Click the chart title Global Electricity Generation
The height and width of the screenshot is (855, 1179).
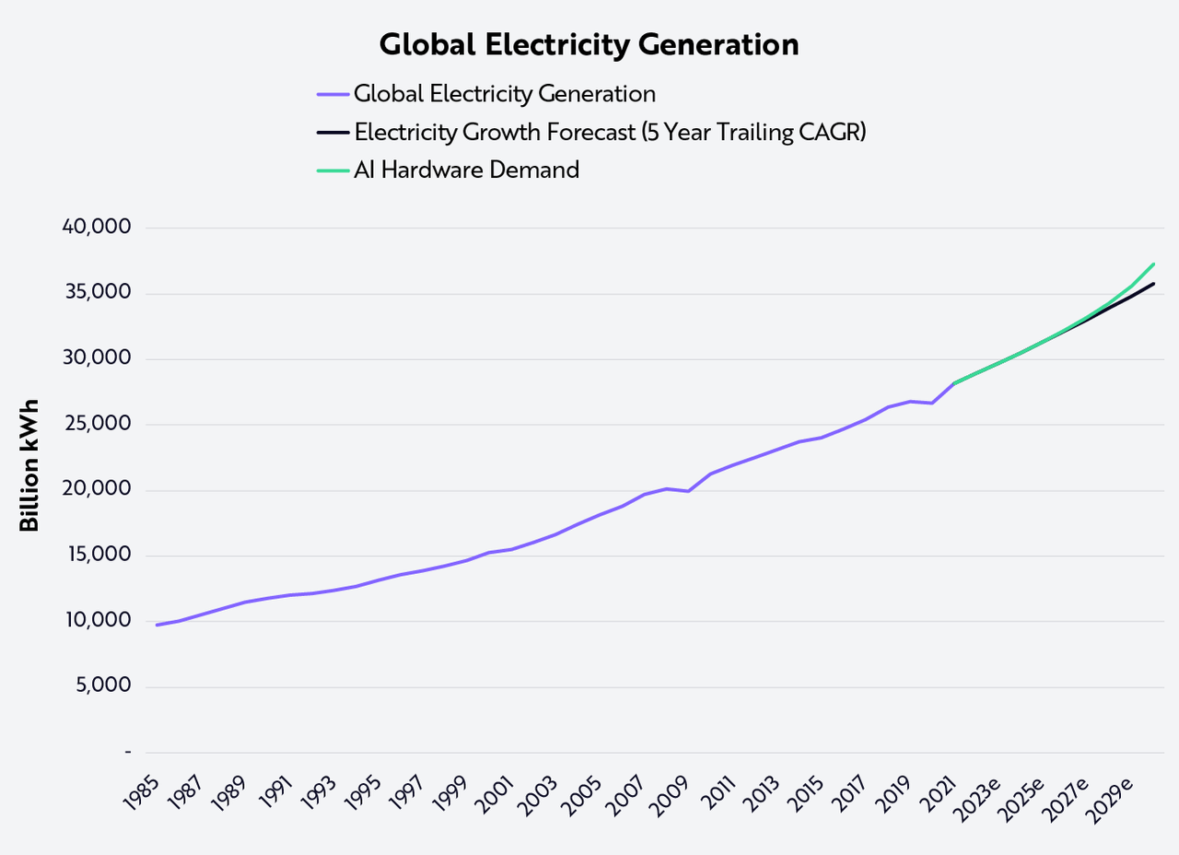(x=589, y=45)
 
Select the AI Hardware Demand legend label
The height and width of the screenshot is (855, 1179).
(x=466, y=170)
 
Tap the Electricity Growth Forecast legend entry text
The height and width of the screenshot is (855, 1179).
(x=611, y=132)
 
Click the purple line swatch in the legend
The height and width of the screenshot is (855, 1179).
(x=333, y=94)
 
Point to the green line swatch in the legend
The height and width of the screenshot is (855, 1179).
(x=333, y=170)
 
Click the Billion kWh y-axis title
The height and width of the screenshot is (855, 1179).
(x=29, y=465)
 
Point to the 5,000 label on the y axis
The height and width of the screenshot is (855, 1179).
(x=104, y=686)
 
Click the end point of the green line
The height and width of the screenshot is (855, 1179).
(x=1153, y=264)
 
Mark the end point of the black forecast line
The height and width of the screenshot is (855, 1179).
(x=1153, y=284)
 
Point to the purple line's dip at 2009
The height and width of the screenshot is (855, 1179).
(x=688, y=491)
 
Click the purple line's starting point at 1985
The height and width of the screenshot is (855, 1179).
(x=157, y=625)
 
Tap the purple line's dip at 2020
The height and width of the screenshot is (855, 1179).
(x=932, y=403)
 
